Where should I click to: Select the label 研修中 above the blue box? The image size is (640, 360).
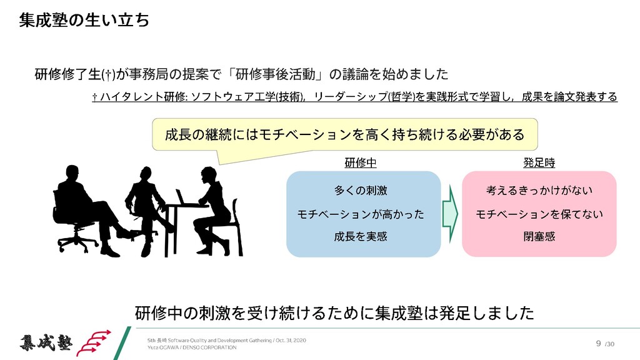tap(361, 162)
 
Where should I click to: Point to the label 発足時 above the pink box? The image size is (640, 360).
tap(539, 162)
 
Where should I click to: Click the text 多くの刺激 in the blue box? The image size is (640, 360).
tap(361, 190)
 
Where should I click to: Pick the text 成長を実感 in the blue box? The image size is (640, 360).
tap(361, 236)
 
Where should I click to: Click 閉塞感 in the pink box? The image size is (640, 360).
tap(539, 236)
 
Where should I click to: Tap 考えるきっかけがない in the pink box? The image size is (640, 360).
tap(539, 190)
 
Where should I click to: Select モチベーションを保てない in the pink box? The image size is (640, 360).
tap(539, 214)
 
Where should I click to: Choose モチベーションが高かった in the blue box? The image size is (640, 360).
tap(361, 214)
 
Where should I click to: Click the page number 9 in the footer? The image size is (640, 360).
tap(599, 342)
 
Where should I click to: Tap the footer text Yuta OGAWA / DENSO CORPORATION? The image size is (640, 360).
tap(192, 347)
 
